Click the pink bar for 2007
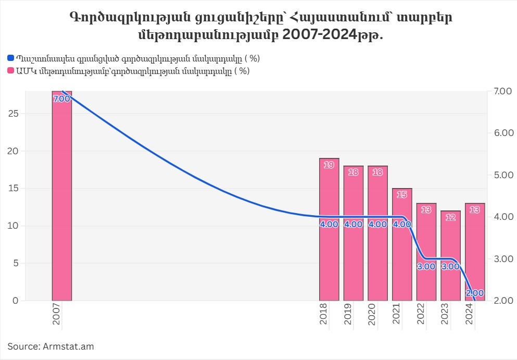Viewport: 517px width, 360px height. point(61,198)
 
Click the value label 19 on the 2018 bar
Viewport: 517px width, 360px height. point(329,165)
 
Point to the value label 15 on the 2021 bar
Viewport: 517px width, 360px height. point(402,195)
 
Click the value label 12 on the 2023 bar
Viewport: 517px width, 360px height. point(450,217)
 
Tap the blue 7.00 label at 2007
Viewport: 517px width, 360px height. point(61,98)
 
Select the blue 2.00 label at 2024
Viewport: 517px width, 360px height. point(474,293)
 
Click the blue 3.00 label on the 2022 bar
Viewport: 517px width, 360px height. point(426,266)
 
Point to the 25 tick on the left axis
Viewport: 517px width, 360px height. point(14,114)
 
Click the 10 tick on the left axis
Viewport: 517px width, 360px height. point(14,226)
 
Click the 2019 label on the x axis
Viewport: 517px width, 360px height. point(354,315)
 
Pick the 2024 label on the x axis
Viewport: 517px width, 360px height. point(475,315)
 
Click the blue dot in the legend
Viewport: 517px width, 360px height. point(11,59)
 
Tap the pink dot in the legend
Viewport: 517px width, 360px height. point(11,71)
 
